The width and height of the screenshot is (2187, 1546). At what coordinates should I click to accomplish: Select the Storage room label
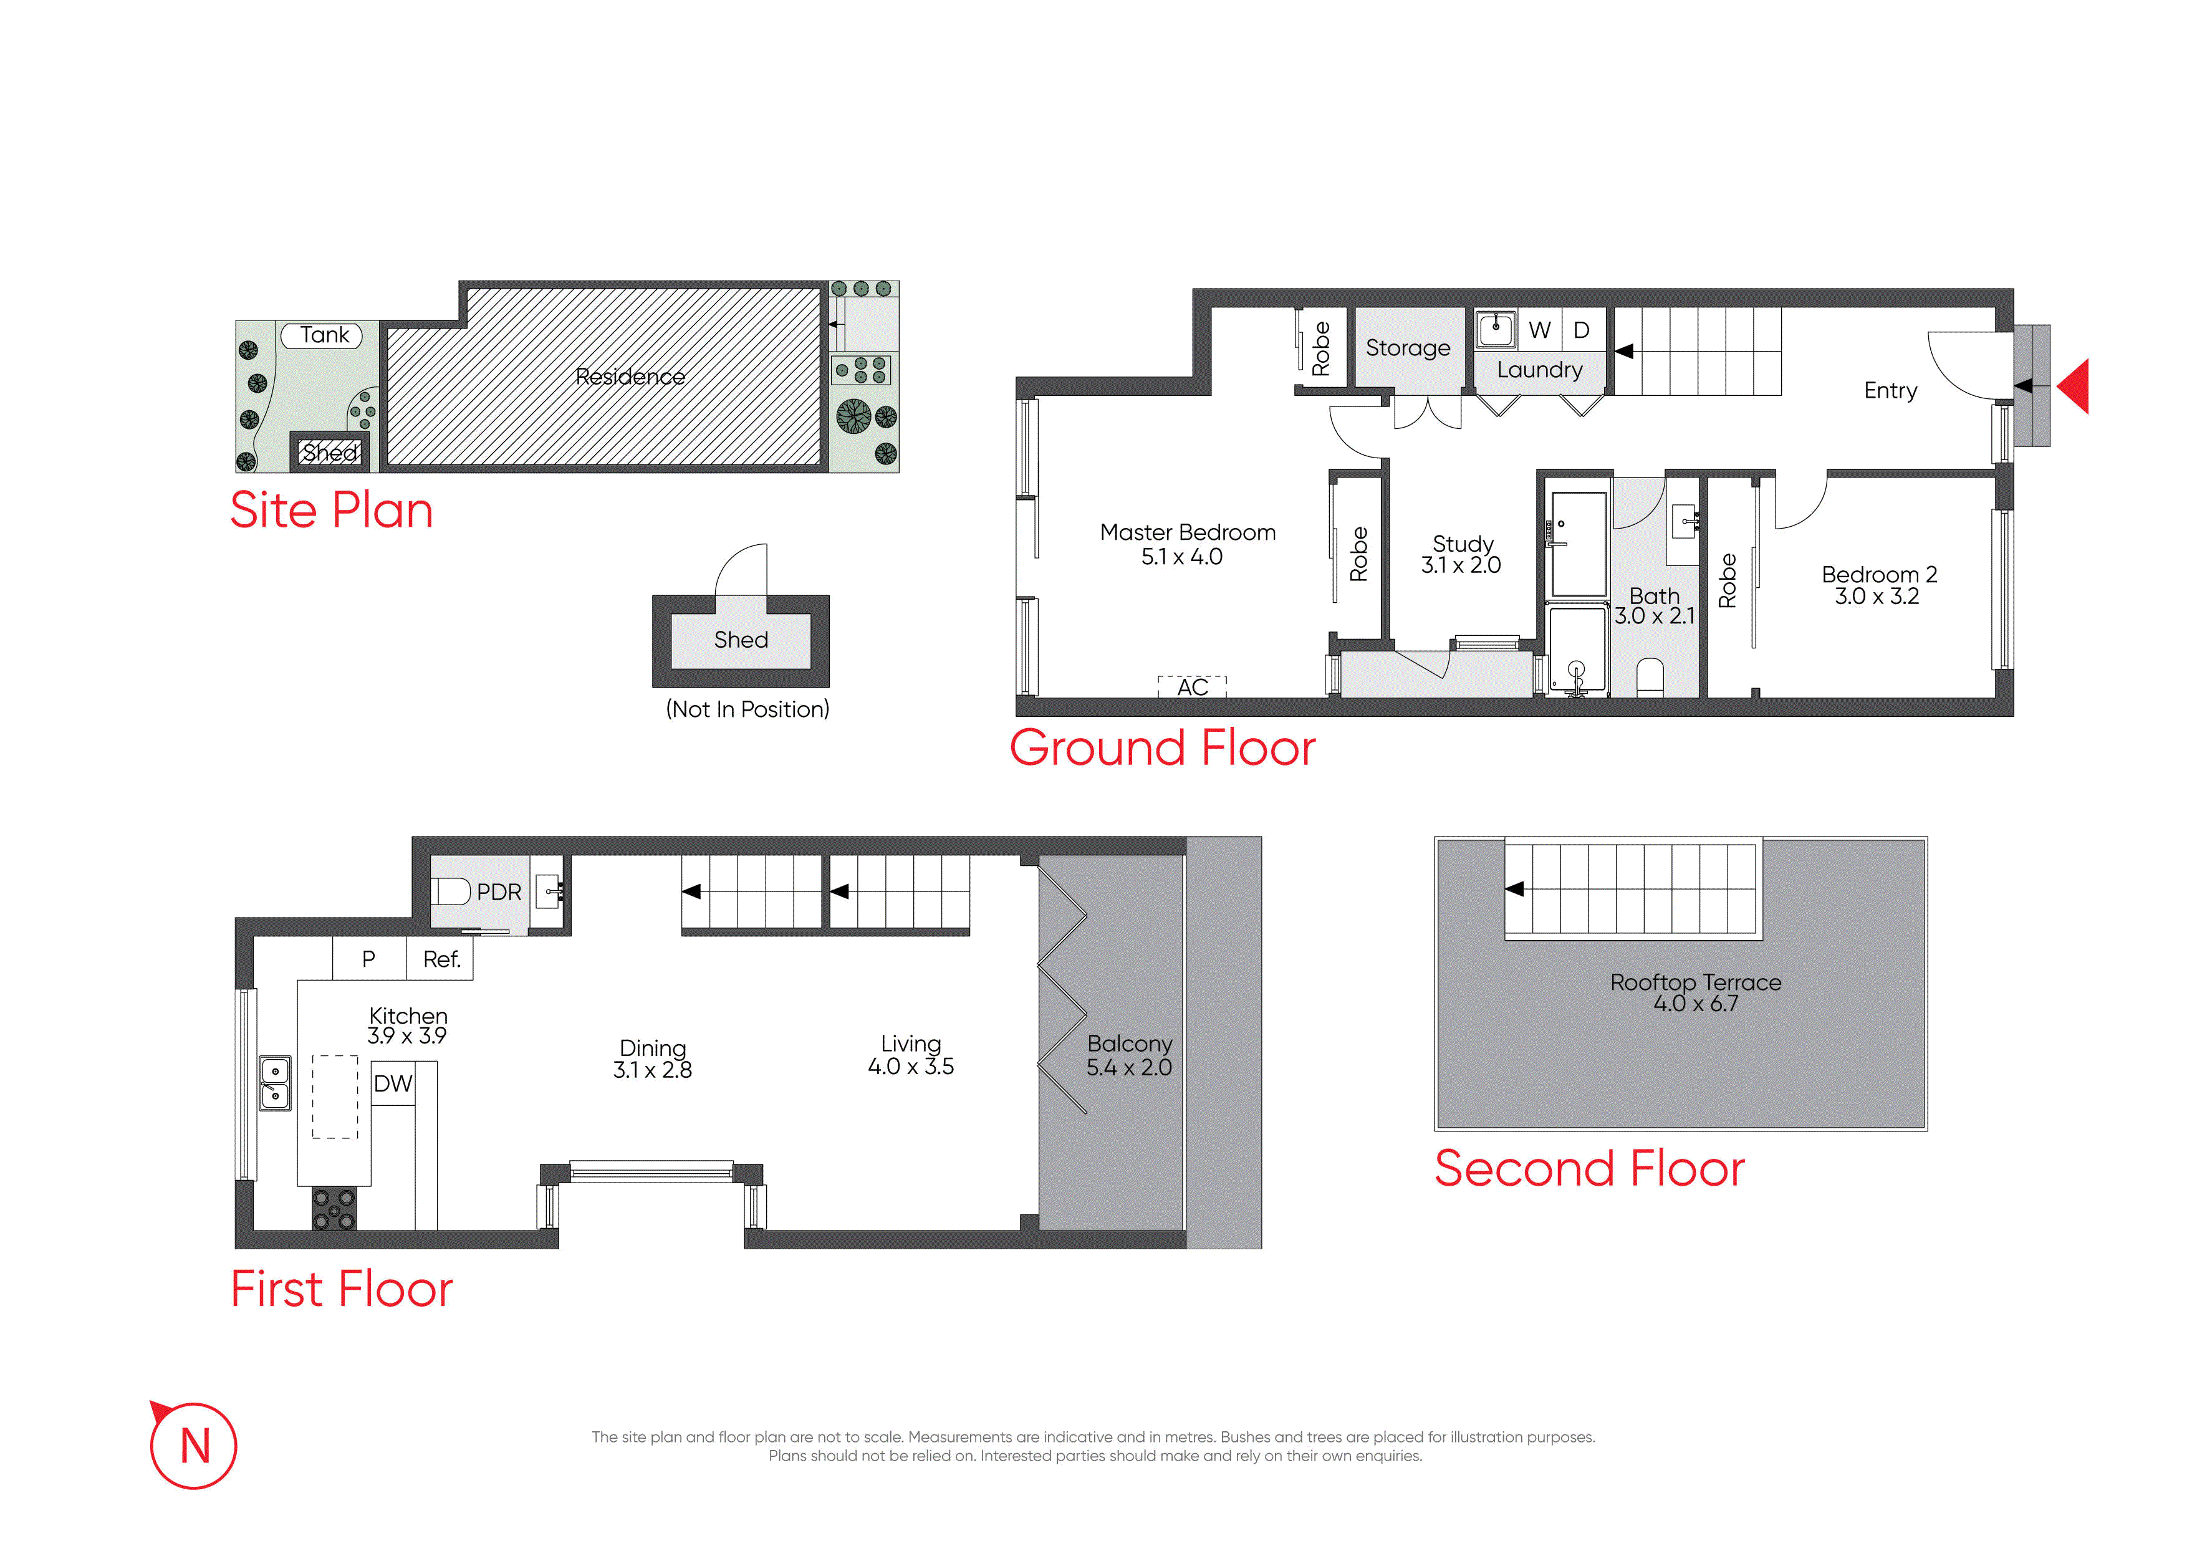pos(1408,348)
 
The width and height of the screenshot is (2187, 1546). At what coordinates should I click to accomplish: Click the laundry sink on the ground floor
pos(1496,330)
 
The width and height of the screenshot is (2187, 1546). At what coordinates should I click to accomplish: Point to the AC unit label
pos(1193,687)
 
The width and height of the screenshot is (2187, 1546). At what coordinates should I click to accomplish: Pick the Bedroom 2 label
pos(1879,574)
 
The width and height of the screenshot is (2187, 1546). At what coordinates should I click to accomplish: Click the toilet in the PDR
pos(451,891)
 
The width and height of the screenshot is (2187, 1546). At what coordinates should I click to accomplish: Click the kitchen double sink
pos(276,1083)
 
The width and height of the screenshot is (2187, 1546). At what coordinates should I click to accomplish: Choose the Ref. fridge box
pos(440,959)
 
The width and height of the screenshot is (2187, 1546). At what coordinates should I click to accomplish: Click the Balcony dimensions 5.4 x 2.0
pos(1129,1068)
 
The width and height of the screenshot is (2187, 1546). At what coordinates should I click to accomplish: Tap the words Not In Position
pos(747,709)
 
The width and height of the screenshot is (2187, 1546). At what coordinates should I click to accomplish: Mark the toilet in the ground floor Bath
pos(1649,678)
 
